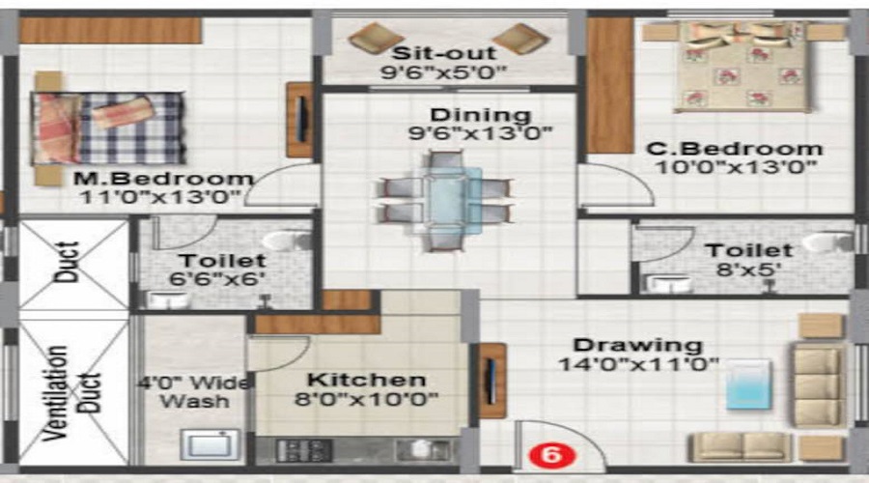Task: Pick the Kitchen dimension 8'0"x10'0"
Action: click(x=367, y=399)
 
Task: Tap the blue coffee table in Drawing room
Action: click(x=748, y=384)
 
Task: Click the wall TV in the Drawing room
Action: click(x=492, y=380)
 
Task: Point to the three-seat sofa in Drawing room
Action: click(x=817, y=386)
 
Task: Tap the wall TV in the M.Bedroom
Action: click(x=300, y=119)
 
